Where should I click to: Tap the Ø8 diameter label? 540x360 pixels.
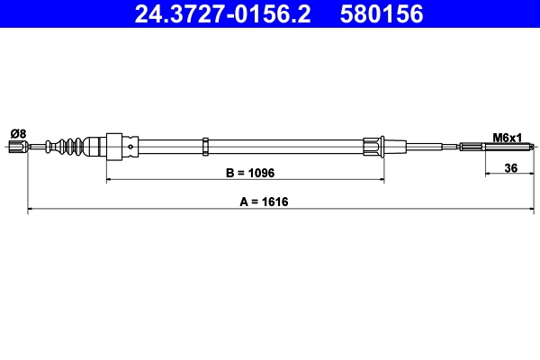point(17,133)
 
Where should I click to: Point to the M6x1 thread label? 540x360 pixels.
point(507,137)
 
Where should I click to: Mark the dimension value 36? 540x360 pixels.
point(510,167)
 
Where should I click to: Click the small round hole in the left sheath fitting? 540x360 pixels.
point(132,147)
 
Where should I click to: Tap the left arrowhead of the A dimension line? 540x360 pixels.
point(32,211)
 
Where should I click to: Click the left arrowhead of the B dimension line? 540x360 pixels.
point(111,180)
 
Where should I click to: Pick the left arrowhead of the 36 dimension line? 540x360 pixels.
point(489,175)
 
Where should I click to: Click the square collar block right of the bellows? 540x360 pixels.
point(114,147)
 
